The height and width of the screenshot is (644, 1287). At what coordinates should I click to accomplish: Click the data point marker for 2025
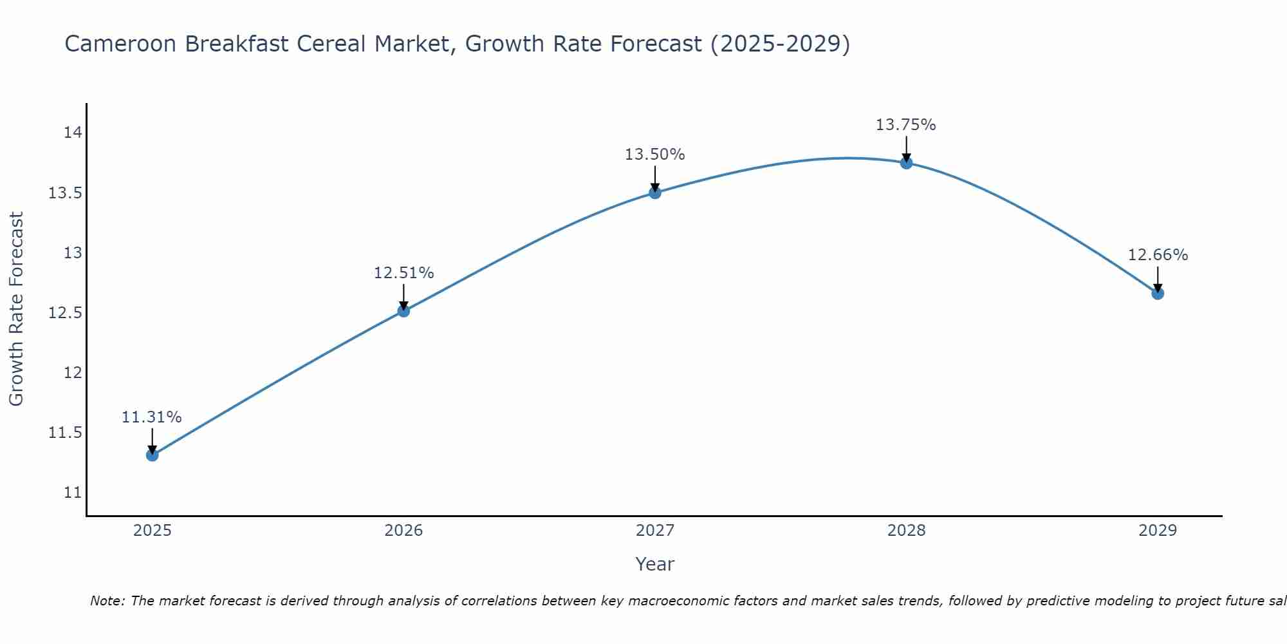pyautogui.click(x=152, y=455)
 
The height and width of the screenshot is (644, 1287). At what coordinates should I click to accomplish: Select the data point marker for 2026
pyautogui.click(x=403, y=311)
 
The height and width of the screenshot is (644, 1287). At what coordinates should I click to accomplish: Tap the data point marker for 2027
pyautogui.click(x=655, y=193)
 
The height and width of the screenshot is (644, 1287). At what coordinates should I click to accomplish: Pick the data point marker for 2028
pyautogui.click(x=906, y=163)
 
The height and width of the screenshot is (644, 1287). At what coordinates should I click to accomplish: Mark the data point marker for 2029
pyautogui.click(x=1158, y=294)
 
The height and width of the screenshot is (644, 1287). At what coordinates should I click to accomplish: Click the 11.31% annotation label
pyautogui.click(x=152, y=417)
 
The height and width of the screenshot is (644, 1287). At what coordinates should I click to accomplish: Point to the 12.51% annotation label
pyautogui.click(x=403, y=273)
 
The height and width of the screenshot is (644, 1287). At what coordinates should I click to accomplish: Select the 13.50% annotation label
pyautogui.click(x=655, y=155)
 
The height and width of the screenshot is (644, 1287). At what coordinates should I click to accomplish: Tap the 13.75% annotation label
pyautogui.click(x=906, y=125)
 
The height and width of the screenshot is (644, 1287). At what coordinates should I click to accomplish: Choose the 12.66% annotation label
pyautogui.click(x=1158, y=255)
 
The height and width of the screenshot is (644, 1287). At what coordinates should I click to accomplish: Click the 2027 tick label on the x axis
pyautogui.click(x=655, y=531)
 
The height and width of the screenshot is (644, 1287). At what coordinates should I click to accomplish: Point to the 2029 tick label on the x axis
pyautogui.click(x=1158, y=531)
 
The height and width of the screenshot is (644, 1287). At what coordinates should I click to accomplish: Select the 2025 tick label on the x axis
pyautogui.click(x=152, y=531)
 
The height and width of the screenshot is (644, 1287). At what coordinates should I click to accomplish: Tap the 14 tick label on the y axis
pyautogui.click(x=73, y=133)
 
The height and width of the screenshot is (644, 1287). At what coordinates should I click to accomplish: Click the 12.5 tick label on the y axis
pyautogui.click(x=66, y=313)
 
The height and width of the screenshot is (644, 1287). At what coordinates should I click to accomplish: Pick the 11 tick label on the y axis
pyautogui.click(x=73, y=493)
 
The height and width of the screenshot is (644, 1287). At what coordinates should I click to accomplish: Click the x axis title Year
pyautogui.click(x=655, y=564)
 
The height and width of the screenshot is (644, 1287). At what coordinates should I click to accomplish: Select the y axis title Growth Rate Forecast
pyautogui.click(x=16, y=308)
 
